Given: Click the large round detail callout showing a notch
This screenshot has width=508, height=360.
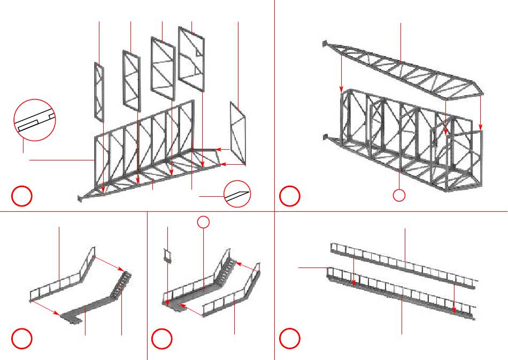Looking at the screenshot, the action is pyautogui.click(x=34, y=120).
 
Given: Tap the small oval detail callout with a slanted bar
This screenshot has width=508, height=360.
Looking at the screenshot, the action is pyautogui.click(x=237, y=194).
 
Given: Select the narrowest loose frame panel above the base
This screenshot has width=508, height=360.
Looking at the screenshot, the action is pyautogui.click(x=99, y=92).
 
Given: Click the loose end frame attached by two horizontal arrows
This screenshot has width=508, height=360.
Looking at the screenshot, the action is pyautogui.click(x=238, y=133).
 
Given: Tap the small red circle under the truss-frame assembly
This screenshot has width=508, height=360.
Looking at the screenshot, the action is pyautogui.click(x=399, y=195).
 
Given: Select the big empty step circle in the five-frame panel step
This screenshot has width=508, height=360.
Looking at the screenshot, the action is pyautogui.click(x=22, y=196).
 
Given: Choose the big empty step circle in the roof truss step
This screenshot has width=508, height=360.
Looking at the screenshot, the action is pyautogui.click(x=289, y=196).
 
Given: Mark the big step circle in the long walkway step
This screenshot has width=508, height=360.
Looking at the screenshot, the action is pyautogui.click(x=289, y=338).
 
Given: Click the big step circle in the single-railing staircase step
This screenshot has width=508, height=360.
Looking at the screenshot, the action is pyautogui.click(x=22, y=338).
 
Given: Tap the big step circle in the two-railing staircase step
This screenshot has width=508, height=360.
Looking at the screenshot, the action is pyautogui.click(x=161, y=338).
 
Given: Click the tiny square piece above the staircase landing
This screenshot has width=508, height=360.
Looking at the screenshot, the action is pyautogui.click(x=167, y=255).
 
